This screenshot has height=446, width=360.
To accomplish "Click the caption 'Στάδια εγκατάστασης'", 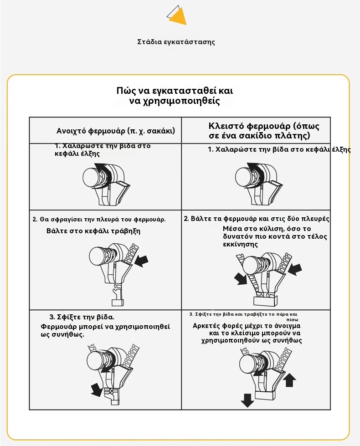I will [176, 42].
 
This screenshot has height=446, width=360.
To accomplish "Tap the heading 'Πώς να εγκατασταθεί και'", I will [175, 90].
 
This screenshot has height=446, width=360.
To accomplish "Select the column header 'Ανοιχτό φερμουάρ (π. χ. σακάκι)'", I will [116, 131].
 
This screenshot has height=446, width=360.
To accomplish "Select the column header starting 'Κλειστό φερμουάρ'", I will [264, 130].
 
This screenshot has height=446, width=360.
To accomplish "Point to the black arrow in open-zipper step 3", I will [97, 390].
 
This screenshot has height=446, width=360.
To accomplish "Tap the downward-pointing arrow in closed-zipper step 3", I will [247, 400].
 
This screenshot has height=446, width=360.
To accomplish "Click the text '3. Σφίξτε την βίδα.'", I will [82, 317].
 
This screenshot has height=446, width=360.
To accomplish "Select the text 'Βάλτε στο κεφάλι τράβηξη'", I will [93, 231].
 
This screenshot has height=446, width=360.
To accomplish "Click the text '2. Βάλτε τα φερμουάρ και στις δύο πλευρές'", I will [257, 219].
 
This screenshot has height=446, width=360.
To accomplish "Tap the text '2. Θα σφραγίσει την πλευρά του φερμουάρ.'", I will [99, 219].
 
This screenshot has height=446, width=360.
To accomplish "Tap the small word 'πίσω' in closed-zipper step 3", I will [292, 320].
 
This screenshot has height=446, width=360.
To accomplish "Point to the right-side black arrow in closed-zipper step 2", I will [294, 268].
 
